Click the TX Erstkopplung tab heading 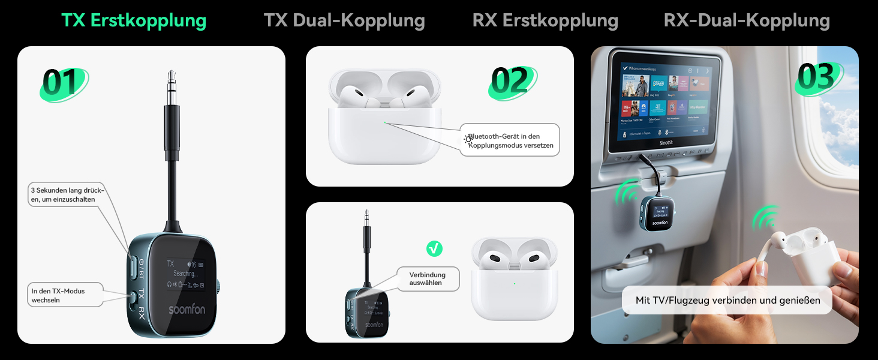134,20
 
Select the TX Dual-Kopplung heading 344,20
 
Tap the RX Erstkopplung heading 545,20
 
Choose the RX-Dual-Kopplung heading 747,20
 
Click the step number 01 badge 62,83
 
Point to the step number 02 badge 510,81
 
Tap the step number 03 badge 817,77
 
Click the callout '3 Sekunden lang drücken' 67,195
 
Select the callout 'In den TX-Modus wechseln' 65,295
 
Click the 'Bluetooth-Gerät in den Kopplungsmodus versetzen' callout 510,140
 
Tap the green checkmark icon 434,248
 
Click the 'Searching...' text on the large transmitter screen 184,274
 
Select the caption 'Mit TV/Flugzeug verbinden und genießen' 727,300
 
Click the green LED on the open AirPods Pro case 385,122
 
